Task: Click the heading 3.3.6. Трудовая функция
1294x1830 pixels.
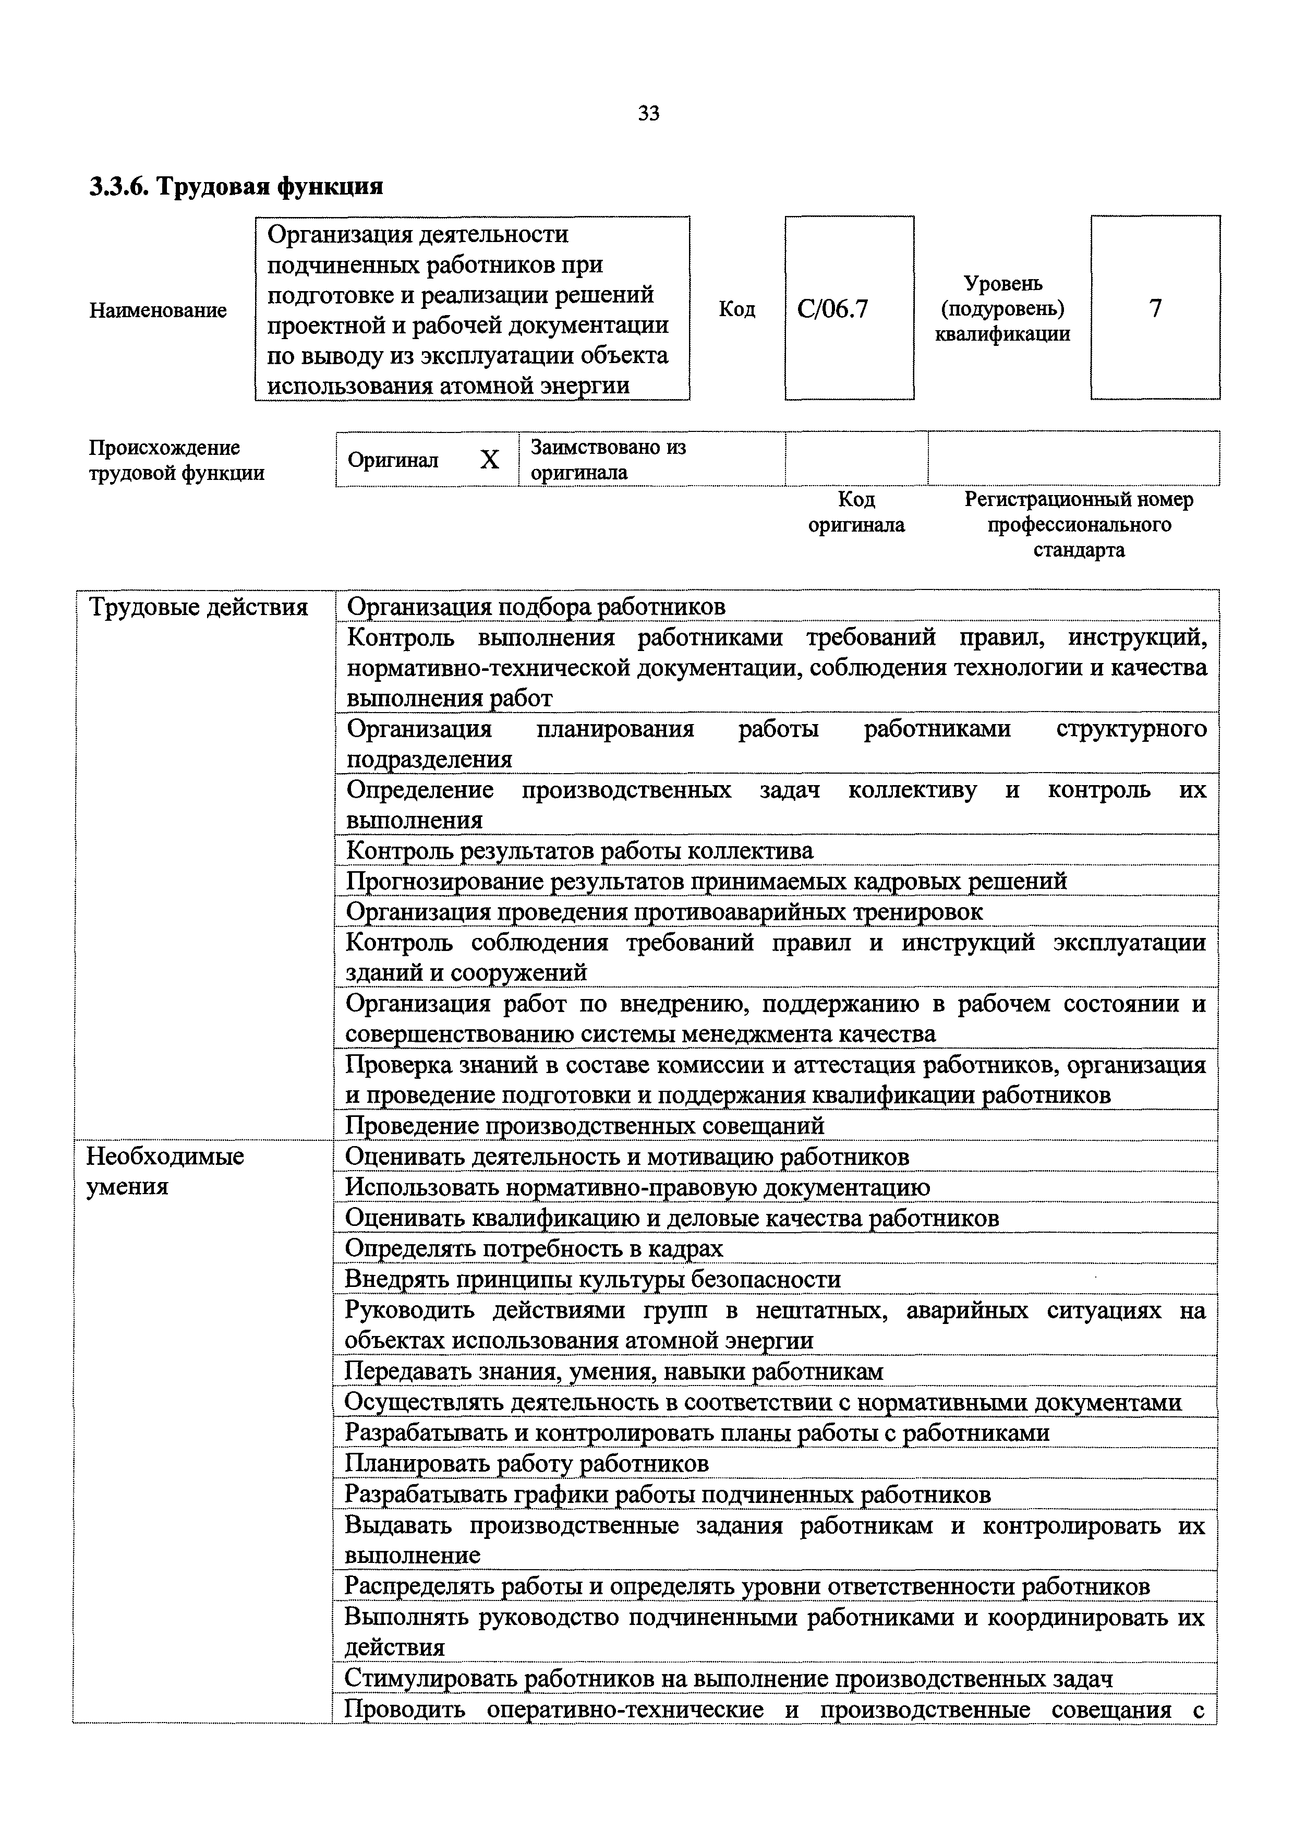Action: pyautogui.click(x=236, y=187)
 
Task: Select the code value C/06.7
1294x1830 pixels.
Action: pyautogui.click(x=832, y=308)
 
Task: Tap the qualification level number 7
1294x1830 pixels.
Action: pyautogui.click(x=1155, y=308)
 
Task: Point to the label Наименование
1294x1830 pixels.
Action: pyautogui.click(x=158, y=310)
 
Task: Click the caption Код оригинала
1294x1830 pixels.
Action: pyautogui.click(x=856, y=512)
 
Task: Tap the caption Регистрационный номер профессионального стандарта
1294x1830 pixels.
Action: pyautogui.click(x=1079, y=524)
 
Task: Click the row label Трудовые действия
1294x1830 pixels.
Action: pyautogui.click(x=198, y=607)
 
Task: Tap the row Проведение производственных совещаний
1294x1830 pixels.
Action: pyautogui.click(x=585, y=1125)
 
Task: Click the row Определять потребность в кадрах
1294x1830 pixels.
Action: pyautogui.click(x=534, y=1248)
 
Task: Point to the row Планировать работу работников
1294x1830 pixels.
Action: pyautogui.click(x=526, y=1463)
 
